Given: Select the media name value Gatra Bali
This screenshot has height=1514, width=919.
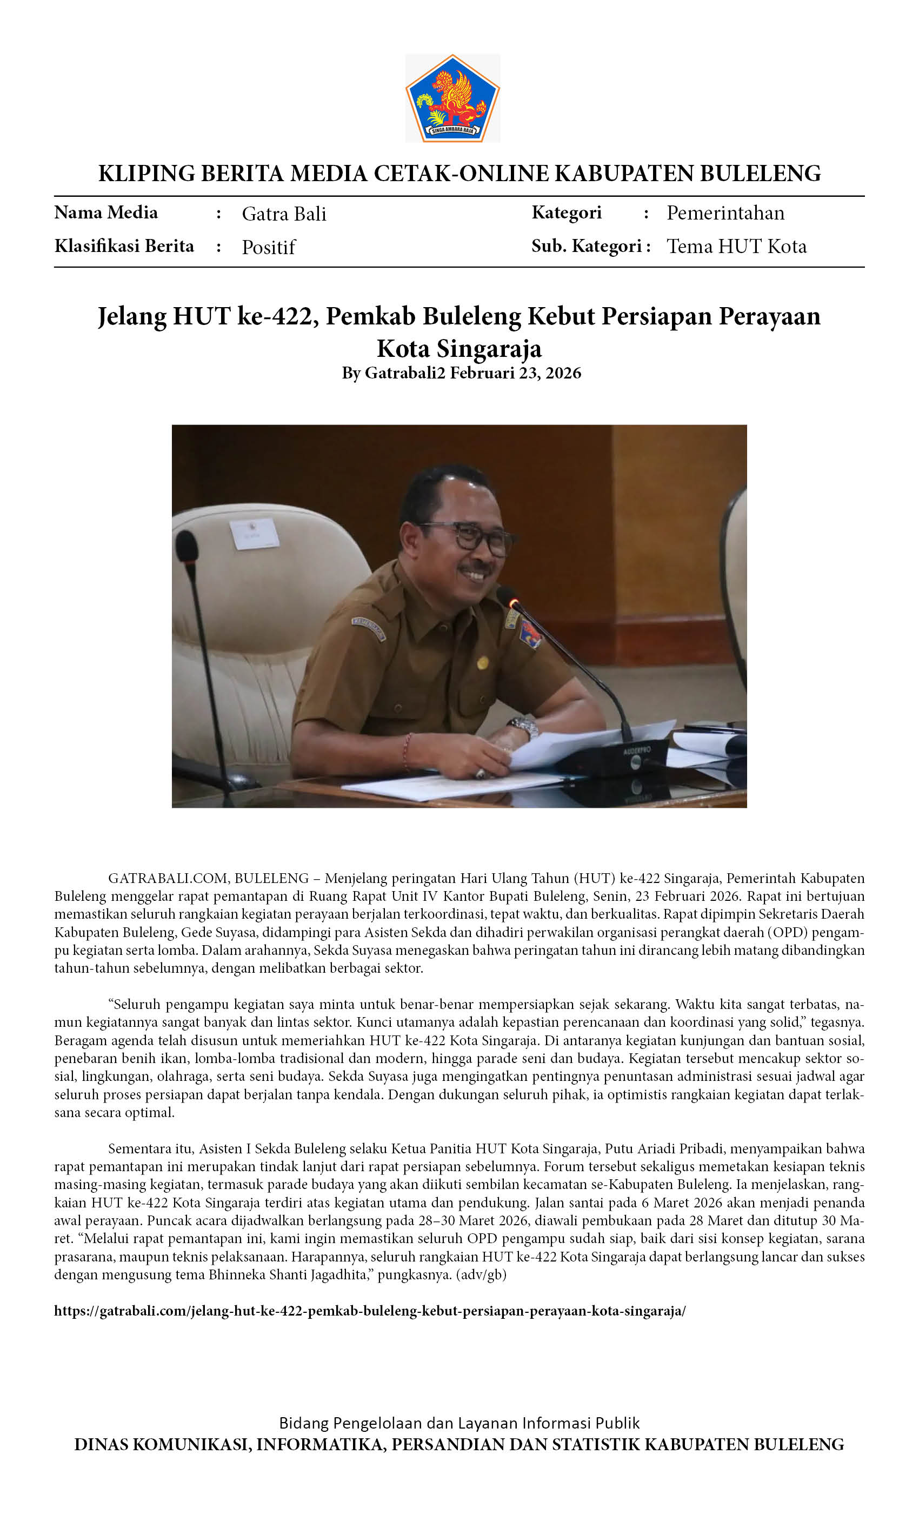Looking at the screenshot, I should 284,214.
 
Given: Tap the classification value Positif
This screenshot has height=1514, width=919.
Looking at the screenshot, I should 269,247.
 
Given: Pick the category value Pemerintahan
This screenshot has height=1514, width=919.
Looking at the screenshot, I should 725,213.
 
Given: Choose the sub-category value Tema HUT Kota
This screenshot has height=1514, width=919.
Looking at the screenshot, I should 736,247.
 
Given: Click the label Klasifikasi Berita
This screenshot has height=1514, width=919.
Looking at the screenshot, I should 124,246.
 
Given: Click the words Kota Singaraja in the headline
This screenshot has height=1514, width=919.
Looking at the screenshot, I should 459,348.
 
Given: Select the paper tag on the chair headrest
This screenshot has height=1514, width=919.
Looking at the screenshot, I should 254,533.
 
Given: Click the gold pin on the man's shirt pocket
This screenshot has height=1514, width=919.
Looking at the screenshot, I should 482,663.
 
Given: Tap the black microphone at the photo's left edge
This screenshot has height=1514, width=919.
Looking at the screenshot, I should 187,546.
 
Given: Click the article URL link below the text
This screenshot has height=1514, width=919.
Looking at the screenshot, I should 370,1311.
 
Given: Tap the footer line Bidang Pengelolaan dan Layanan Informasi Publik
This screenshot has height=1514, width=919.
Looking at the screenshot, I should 459,1423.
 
